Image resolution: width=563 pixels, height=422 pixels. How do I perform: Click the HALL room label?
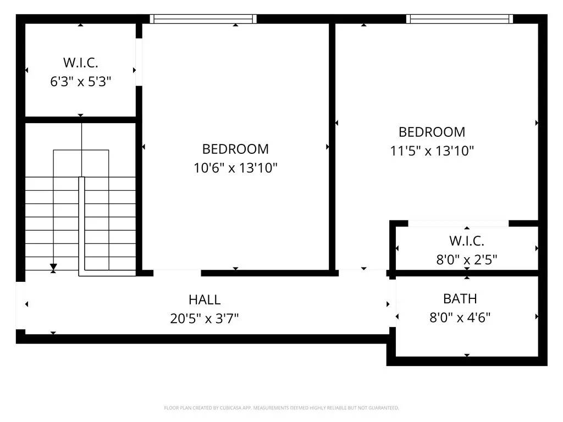205,300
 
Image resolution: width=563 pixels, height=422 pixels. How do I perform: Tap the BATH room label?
460,299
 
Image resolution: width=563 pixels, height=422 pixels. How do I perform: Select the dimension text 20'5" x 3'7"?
205,318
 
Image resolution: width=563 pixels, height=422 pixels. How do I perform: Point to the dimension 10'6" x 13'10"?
235,168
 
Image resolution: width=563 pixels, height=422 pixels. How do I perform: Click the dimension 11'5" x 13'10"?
432,151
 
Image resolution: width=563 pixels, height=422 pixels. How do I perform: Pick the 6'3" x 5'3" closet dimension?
81,82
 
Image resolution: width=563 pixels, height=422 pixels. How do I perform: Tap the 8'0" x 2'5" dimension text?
466,259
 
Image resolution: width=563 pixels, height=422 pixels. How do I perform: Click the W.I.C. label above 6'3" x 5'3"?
81,63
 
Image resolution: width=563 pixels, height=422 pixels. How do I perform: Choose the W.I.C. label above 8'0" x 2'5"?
466,241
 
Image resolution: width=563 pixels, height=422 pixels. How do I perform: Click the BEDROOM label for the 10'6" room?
235,149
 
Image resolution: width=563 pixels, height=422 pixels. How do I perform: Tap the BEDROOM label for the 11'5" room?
432,132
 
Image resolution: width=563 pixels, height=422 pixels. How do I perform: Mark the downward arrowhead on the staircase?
53,268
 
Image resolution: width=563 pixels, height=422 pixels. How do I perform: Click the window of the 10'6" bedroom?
203,19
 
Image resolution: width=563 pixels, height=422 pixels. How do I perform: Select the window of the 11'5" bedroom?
460,19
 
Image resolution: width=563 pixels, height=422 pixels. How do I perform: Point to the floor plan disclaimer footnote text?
281,408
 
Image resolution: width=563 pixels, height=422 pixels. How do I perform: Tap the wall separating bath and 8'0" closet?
466,273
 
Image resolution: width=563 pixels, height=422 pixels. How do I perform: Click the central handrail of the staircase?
81,225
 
